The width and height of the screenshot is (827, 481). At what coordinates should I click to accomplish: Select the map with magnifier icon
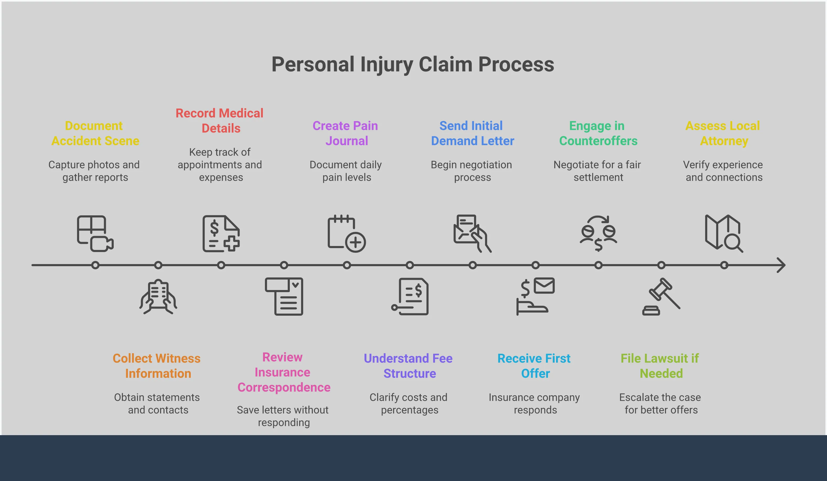(724, 233)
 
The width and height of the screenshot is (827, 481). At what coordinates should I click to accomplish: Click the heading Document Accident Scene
(95, 133)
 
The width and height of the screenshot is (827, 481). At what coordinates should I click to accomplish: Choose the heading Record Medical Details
(220, 121)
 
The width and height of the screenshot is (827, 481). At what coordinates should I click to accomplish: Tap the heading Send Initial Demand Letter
(472, 133)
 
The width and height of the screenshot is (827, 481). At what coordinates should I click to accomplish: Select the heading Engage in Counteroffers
(598, 133)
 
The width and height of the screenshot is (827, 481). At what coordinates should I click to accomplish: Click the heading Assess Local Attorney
(723, 133)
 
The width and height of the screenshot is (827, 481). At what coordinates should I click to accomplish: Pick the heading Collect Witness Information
(157, 366)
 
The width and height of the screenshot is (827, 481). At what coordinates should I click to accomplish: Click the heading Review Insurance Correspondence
(284, 372)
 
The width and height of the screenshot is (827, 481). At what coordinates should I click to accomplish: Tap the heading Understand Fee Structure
(408, 366)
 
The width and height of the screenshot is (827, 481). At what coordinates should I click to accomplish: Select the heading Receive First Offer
(534, 366)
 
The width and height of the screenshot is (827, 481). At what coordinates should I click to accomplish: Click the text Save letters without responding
(283, 416)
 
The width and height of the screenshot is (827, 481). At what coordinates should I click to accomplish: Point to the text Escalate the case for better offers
(660, 403)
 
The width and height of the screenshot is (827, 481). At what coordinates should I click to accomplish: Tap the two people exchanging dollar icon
(598, 233)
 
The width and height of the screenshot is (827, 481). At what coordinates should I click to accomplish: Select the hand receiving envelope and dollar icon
(535, 296)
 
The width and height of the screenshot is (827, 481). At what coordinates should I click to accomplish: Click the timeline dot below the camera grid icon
(95, 265)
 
